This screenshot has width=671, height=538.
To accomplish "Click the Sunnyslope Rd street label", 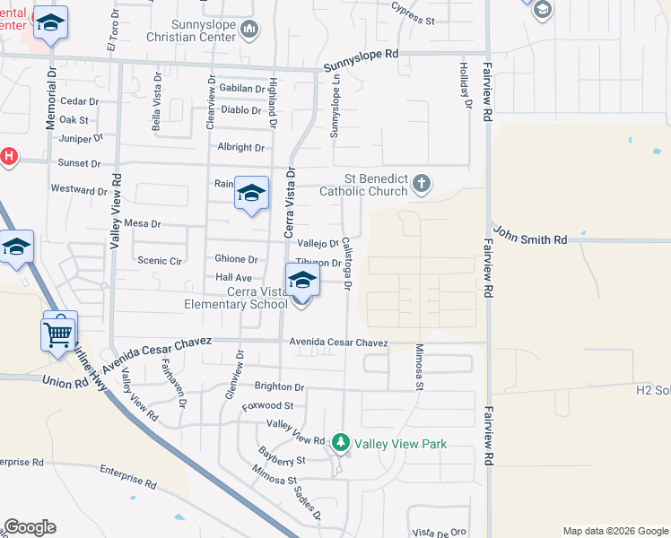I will [360, 54].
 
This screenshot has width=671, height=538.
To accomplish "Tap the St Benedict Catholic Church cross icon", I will [421, 186].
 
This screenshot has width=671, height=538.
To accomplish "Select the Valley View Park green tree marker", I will [340, 443].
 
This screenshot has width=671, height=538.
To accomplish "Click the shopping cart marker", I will [59, 334].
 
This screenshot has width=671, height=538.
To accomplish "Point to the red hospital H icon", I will [8, 156].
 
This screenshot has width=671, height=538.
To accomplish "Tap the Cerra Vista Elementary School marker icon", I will [302, 282].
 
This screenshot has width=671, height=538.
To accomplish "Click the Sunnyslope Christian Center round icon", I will [250, 30].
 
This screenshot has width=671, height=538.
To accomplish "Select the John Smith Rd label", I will [529, 239].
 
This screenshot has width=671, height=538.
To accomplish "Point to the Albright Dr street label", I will [240, 148].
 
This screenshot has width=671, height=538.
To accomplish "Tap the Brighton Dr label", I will [279, 386].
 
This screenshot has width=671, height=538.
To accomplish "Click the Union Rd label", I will [63, 381].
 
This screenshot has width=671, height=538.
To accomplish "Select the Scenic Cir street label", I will [160, 260].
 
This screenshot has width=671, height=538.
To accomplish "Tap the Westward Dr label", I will [79, 190].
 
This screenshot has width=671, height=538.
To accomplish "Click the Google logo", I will [30, 527].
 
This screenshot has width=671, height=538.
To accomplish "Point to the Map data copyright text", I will [614, 531].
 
